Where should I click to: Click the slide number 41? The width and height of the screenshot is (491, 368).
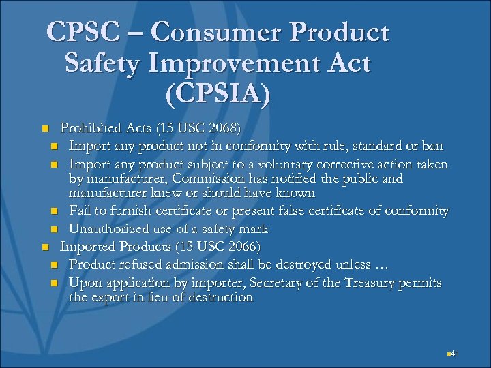point(456,353)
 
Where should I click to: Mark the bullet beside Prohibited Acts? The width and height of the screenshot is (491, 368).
point(44,128)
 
